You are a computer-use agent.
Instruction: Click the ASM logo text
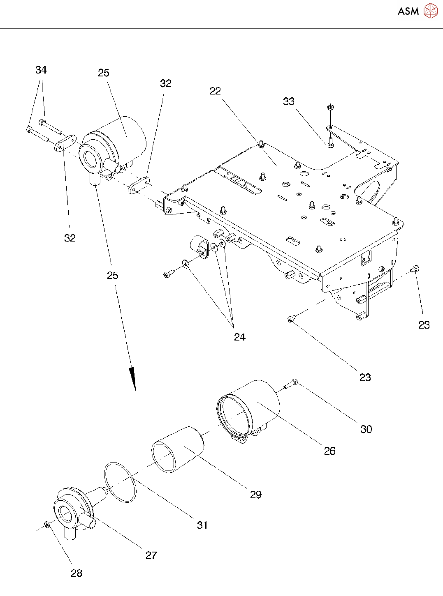coord(408,11)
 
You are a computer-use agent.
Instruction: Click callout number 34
coord(41,70)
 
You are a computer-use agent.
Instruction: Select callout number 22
coord(215,91)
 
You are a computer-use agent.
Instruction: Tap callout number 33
coord(289,101)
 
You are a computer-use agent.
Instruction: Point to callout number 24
coord(240,337)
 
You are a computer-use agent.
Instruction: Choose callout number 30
coord(366,429)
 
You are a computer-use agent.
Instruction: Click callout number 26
coord(329,451)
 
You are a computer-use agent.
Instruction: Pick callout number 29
coord(256,495)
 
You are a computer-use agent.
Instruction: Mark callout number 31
coord(202,525)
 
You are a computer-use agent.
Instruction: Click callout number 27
coord(151,555)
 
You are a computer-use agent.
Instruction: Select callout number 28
coord(77,573)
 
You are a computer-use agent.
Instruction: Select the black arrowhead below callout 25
coord(132,378)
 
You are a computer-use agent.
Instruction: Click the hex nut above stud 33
coord(330,108)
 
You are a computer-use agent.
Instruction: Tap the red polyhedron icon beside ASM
coord(430,11)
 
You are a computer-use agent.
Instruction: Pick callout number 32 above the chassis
coord(166,84)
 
